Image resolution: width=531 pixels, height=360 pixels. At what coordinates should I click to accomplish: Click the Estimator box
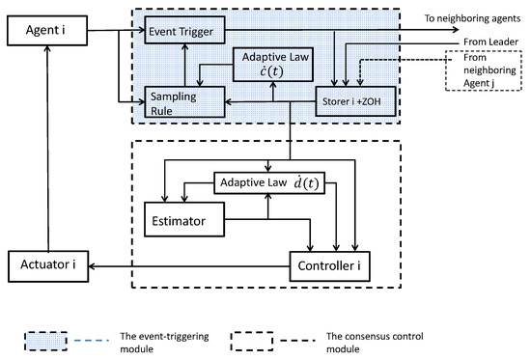pyautogui.click(x=182, y=221)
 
